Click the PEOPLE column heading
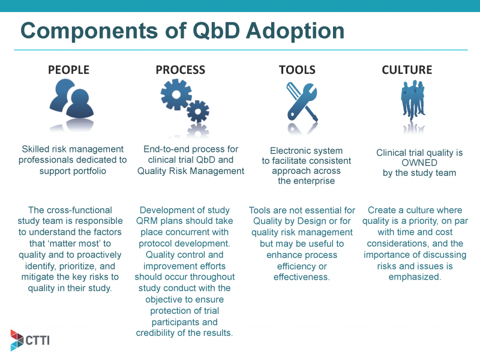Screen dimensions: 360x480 click(x=68, y=70)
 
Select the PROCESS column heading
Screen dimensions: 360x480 click(x=180, y=70)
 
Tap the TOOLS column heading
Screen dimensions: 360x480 click(x=297, y=70)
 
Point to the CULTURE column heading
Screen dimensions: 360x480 click(x=407, y=70)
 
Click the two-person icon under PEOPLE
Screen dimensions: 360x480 click(x=71, y=98)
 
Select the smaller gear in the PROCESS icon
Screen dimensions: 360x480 click(x=198, y=111)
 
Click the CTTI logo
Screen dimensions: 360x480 click(x=30, y=340)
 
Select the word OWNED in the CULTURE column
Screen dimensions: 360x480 click(x=419, y=163)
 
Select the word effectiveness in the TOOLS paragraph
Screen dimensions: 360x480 click(x=301, y=277)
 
